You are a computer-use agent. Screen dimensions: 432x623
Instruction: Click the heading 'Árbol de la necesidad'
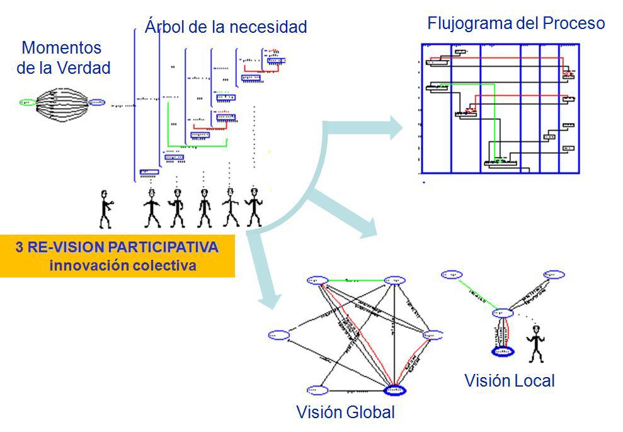[226, 27]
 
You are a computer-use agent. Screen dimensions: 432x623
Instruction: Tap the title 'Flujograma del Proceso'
[516, 24]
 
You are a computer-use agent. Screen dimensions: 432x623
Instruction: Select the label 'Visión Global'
[345, 412]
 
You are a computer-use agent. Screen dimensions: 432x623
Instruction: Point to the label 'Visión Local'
[509, 381]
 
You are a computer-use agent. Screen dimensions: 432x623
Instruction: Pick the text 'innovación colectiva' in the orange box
[123, 266]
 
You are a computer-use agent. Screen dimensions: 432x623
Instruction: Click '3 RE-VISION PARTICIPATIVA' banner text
[117, 247]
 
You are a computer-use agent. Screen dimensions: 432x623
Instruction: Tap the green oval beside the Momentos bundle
[28, 102]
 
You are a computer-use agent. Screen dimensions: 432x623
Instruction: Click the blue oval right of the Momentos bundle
[96, 102]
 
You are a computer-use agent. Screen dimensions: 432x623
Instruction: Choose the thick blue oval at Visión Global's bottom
[394, 390]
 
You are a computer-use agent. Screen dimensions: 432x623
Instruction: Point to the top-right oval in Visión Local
[554, 275]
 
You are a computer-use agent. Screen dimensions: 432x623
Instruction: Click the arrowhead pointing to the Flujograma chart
[395, 127]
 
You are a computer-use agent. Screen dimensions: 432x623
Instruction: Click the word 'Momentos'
[61, 48]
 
